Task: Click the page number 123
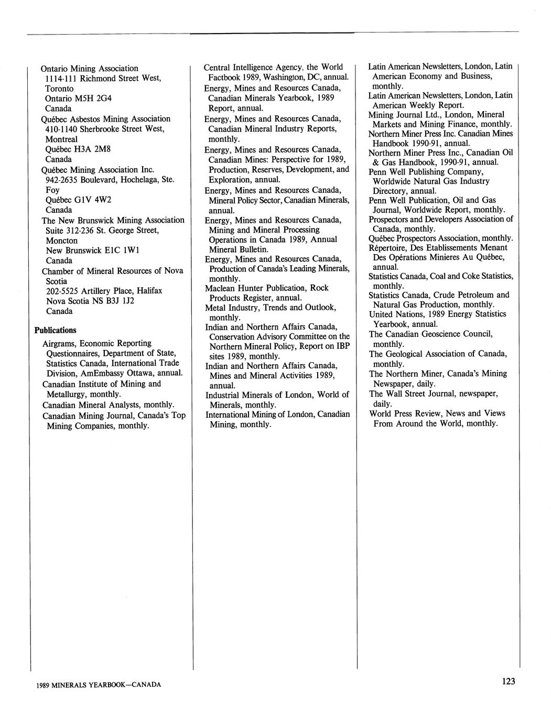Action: click(x=508, y=681)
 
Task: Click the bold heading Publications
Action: click(x=55, y=330)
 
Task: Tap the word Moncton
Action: click(x=62, y=240)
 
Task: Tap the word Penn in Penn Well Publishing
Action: click(x=377, y=172)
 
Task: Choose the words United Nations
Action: click(x=391, y=314)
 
